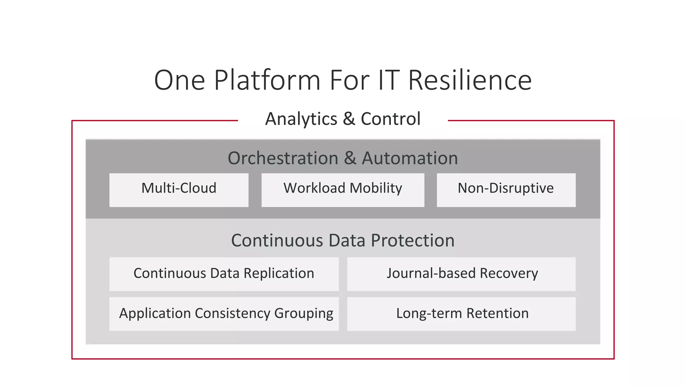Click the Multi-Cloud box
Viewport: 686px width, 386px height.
coord(179,190)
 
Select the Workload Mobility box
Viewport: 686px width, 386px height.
coord(343,190)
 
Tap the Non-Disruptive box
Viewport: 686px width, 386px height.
coord(506,190)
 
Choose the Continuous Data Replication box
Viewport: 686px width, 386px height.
coord(224,274)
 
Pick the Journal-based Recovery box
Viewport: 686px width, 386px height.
coord(461,274)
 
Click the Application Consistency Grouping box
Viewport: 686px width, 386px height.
coord(224,314)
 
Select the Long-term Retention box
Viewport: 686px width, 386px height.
coord(461,314)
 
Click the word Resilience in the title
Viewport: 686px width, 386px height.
coord(470,80)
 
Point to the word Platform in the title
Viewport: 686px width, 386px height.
coord(267,80)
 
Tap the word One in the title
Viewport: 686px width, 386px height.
coord(180,80)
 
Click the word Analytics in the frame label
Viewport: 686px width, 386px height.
coord(301,119)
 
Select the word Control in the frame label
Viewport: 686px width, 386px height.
coord(391,119)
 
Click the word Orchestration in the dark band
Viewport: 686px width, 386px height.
coord(283,158)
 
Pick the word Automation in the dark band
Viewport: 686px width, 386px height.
coord(410,158)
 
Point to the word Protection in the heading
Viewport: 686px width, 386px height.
coord(413,241)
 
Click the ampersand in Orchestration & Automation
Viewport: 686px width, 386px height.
coord(350,158)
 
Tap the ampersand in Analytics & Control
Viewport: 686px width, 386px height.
coord(349,119)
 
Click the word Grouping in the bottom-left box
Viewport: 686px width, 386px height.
coord(303,314)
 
